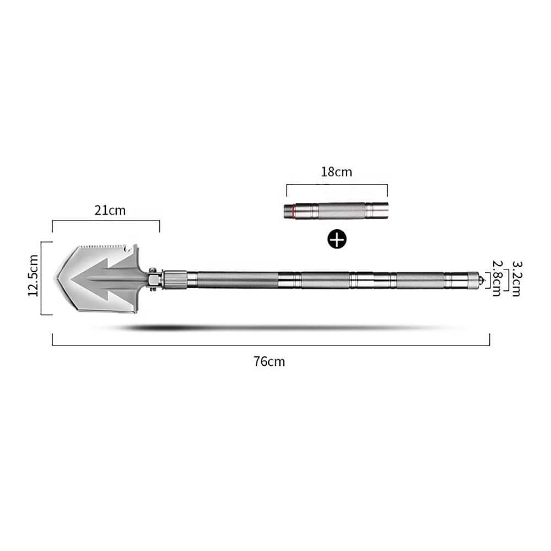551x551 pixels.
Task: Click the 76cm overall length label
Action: coord(269,361)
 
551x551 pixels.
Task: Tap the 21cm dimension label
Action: coord(110,210)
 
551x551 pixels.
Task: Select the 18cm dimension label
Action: coord(336,172)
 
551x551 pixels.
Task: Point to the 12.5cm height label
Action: coord(34,275)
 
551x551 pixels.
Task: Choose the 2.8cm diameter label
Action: coord(496,278)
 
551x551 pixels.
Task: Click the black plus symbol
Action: coord(337,239)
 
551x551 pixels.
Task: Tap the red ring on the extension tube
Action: coord(293,211)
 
